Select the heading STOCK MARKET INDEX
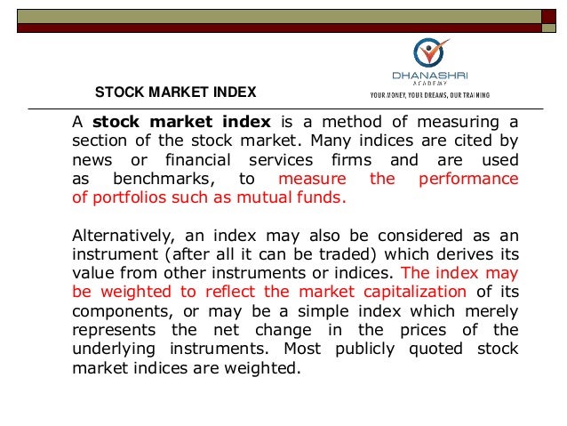tap(175, 92)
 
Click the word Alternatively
tap(121, 234)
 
